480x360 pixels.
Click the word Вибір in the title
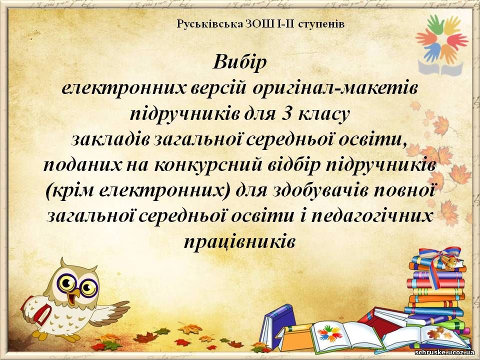pyautogui.click(x=239, y=62)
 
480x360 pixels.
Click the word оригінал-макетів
pyautogui.click(x=336, y=89)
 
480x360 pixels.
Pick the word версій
pyautogui.click(x=218, y=88)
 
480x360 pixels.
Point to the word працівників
pyautogui.click(x=239, y=242)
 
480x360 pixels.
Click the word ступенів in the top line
pyautogui.click(x=321, y=24)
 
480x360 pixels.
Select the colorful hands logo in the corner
pyautogui.click(x=441, y=45)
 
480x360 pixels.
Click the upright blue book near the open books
pyautogui.click(x=276, y=325)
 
